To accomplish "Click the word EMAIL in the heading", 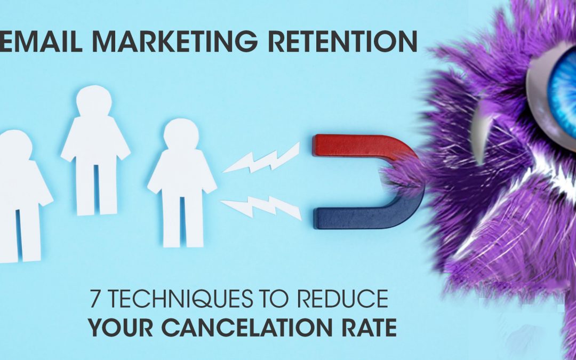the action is (x=41, y=41).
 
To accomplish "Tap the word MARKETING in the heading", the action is (x=174, y=41).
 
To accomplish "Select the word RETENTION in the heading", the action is (x=342, y=41).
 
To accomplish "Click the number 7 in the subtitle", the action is (x=95, y=299).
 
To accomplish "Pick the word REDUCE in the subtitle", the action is (x=342, y=299).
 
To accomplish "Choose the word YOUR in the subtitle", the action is (x=121, y=327).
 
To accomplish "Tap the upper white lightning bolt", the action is (x=261, y=158).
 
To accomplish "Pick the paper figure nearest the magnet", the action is (x=182, y=182).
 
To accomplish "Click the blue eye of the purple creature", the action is (x=563, y=92).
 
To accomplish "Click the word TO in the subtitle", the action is (x=274, y=299).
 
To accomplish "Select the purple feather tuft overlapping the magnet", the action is (x=402, y=177).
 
